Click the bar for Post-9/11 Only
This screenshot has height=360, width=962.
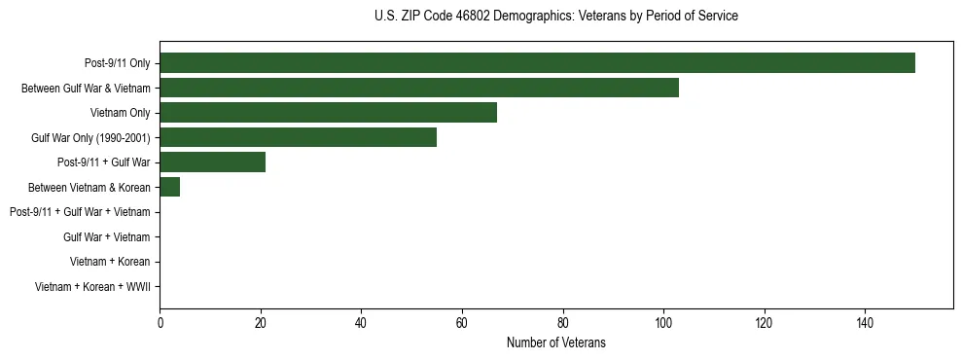[x=537, y=63]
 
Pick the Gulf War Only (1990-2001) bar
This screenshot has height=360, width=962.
[x=298, y=137]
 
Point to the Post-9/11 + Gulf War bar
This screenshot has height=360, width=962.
[x=212, y=162]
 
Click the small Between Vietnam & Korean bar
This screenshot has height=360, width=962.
[x=169, y=187]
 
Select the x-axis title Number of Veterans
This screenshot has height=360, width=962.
[x=555, y=342]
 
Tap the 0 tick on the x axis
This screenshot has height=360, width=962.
[x=160, y=323]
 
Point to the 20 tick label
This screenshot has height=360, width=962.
[x=261, y=323]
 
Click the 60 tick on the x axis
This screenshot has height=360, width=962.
[x=462, y=323]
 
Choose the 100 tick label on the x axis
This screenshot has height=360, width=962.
[x=663, y=323]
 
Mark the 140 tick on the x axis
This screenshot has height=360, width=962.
[x=865, y=323]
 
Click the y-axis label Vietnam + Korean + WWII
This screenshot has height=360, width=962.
[x=92, y=286]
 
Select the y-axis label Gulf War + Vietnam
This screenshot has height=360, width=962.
[x=107, y=236]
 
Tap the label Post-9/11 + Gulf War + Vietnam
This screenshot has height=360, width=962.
[x=80, y=212]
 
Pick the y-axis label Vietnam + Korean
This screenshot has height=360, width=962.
[x=110, y=262]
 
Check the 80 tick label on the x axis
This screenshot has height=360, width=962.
[x=563, y=323]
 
